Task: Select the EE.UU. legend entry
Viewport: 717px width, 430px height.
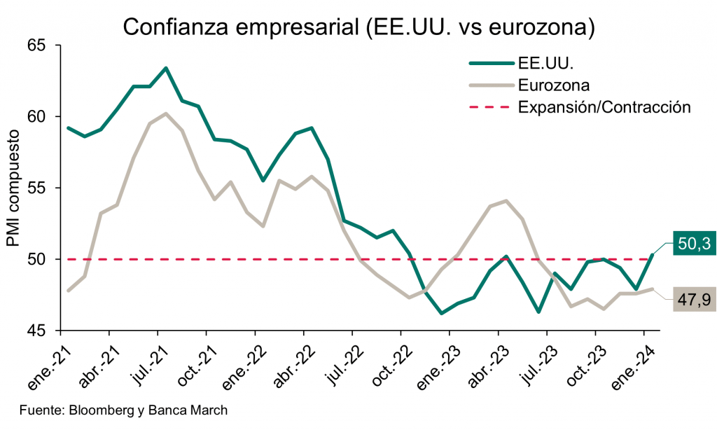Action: (x=546, y=62)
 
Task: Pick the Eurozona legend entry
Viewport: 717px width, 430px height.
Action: (x=554, y=85)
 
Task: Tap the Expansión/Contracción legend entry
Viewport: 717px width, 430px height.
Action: (x=604, y=108)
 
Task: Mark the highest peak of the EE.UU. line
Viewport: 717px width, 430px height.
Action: (x=165, y=68)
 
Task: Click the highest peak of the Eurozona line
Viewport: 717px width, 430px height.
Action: (x=165, y=113)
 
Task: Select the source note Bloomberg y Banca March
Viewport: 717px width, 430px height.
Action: (x=123, y=410)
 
